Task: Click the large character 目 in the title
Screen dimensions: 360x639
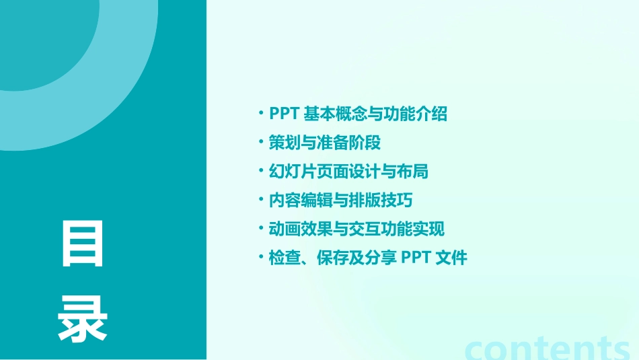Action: coord(82,244)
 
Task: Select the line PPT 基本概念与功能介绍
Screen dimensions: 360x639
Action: coord(358,114)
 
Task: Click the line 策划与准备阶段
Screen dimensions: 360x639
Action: coord(325,143)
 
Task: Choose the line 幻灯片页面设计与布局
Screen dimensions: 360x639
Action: coord(348,171)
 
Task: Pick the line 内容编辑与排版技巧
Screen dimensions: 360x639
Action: coord(340,200)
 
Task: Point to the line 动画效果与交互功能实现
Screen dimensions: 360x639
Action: coord(356,229)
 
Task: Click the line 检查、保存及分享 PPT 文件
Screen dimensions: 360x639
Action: coord(367,257)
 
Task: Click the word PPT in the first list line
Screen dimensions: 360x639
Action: coord(284,114)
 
